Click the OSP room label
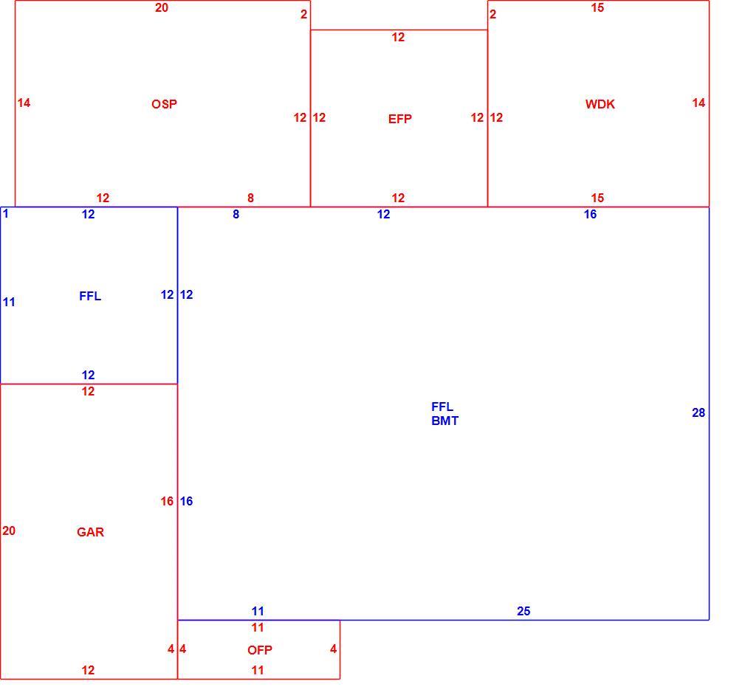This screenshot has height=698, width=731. pyautogui.click(x=164, y=104)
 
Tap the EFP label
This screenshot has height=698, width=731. pyautogui.click(x=400, y=119)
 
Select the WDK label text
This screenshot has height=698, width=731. pyautogui.click(x=600, y=104)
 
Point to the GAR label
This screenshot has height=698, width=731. pyautogui.click(x=90, y=532)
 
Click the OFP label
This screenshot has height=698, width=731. pyautogui.click(x=260, y=650)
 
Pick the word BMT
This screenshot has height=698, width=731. pyautogui.click(x=445, y=421)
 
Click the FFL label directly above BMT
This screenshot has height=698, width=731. pyautogui.click(x=442, y=407)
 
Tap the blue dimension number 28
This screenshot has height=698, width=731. pyautogui.click(x=699, y=413)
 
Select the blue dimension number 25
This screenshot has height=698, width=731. pyautogui.click(x=524, y=612)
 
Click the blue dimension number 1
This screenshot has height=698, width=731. pyautogui.click(x=6, y=214)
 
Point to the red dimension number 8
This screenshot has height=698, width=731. pyautogui.click(x=250, y=198)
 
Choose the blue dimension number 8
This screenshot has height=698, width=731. pyautogui.click(x=236, y=214)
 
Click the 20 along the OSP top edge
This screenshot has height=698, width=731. pyautogui.click(x=162, y=8)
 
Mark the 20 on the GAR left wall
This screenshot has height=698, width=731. pyautogui.click(x=9, y=531)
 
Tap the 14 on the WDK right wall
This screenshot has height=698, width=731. pyautogui.click(x=699, y=103)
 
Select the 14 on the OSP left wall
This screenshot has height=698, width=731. pyautogui.click(x=24, y=103)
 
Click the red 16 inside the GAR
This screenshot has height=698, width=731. pyautogui.click(x=167, y=502)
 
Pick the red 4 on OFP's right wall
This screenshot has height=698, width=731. pyautogui.click(x=333, y=649)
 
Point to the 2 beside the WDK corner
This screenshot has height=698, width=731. pyautogui.click(x=493, y=15)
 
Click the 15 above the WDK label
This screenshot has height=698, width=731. pyautogui.click(x=597, y=8)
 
